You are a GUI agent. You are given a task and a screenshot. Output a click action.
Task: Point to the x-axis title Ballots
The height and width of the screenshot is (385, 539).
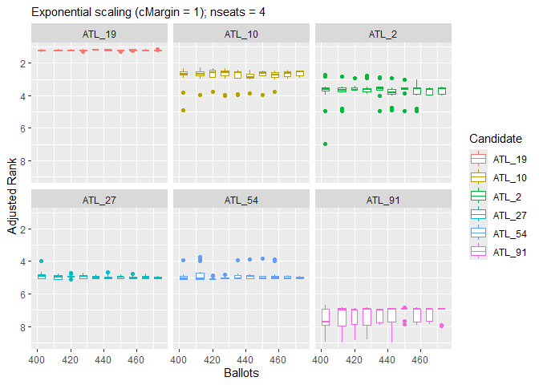[241, 373]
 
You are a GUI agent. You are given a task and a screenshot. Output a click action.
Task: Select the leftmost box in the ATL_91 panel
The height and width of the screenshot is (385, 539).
[325, 316]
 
